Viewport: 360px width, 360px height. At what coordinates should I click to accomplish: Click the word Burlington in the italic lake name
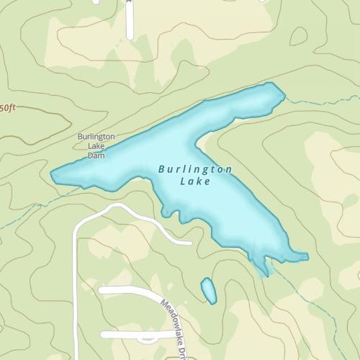(x=195, y=169)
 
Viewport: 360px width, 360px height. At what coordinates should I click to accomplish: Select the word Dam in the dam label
(x=96, y=155)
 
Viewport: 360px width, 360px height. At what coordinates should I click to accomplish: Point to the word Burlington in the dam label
(x=96, y=137)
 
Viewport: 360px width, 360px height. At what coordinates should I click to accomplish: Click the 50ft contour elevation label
(x=6, y=107)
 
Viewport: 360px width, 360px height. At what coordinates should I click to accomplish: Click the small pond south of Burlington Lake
(x=208, y=290)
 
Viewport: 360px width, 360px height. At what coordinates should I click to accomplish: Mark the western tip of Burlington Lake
(x=53, y=174)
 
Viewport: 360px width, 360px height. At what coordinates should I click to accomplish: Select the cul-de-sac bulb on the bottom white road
(x=147, y=337)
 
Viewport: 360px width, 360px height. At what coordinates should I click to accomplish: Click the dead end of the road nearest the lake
(x=189, y=243)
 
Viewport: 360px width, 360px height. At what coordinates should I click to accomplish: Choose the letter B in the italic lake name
(x=161, y=170)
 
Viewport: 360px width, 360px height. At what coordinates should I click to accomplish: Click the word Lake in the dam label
(x=96, y=146)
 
